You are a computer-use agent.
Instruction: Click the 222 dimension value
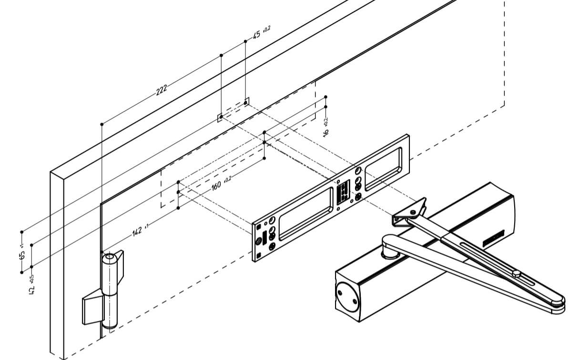click(x=162, y=89)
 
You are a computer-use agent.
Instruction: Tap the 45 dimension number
click(x=256, y=34)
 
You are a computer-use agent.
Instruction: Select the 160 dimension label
click(x=216, y=185)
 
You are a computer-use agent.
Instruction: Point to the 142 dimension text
click(x=137, y=232)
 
